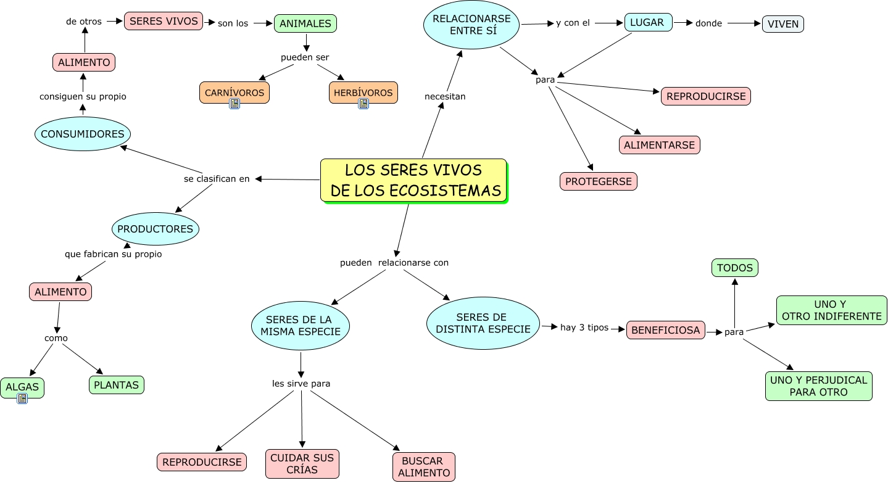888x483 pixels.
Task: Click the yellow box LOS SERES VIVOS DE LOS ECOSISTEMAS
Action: click(413, 180)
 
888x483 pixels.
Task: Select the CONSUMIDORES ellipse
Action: click(83, 134)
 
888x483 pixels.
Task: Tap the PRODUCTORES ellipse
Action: click(156, 229)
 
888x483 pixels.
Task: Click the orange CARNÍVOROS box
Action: click(234, 93)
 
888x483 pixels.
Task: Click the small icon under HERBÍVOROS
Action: click(363, 104)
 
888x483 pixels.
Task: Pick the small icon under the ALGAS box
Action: click(23, 398)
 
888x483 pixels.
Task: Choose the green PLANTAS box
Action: click(117, 385)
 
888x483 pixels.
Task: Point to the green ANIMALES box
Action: click(305, 23)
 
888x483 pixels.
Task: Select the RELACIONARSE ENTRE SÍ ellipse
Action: click(471, 25)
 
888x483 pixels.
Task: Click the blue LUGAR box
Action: click(648, 22)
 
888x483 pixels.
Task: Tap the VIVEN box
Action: click(783, 24)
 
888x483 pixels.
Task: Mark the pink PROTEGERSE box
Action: click(598, 181)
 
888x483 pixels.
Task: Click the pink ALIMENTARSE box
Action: click(659, 145)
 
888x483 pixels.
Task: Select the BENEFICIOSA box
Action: click(666, 330)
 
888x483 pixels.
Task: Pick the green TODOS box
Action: click(734, 268)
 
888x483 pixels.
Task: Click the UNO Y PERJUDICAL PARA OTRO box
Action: click(818, 386)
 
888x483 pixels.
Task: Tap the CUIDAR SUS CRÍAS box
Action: click(302, 464)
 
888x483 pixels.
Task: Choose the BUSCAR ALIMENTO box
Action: click(423, 467)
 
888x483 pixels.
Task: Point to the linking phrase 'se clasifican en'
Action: click(217, 179)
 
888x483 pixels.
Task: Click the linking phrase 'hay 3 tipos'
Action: click(584, 328)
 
